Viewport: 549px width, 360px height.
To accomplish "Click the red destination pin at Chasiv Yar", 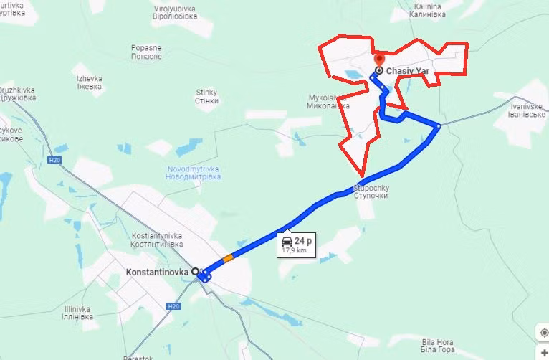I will pos(379,60).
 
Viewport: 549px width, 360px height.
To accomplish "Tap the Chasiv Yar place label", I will pos(407,72).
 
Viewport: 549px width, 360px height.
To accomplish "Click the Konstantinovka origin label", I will pos(157,273).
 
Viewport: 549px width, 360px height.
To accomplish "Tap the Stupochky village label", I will pos(371,191).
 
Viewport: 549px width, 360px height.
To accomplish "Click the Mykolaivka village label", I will pos(330,101).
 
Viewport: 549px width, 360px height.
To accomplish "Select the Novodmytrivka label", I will pos(193,173).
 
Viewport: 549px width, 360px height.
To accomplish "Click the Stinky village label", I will pos(206,96).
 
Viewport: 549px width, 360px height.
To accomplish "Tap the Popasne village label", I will pos(145,52).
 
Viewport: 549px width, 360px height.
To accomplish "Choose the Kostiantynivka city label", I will pos(158,240).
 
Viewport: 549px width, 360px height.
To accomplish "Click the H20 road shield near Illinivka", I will pos(172,306).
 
